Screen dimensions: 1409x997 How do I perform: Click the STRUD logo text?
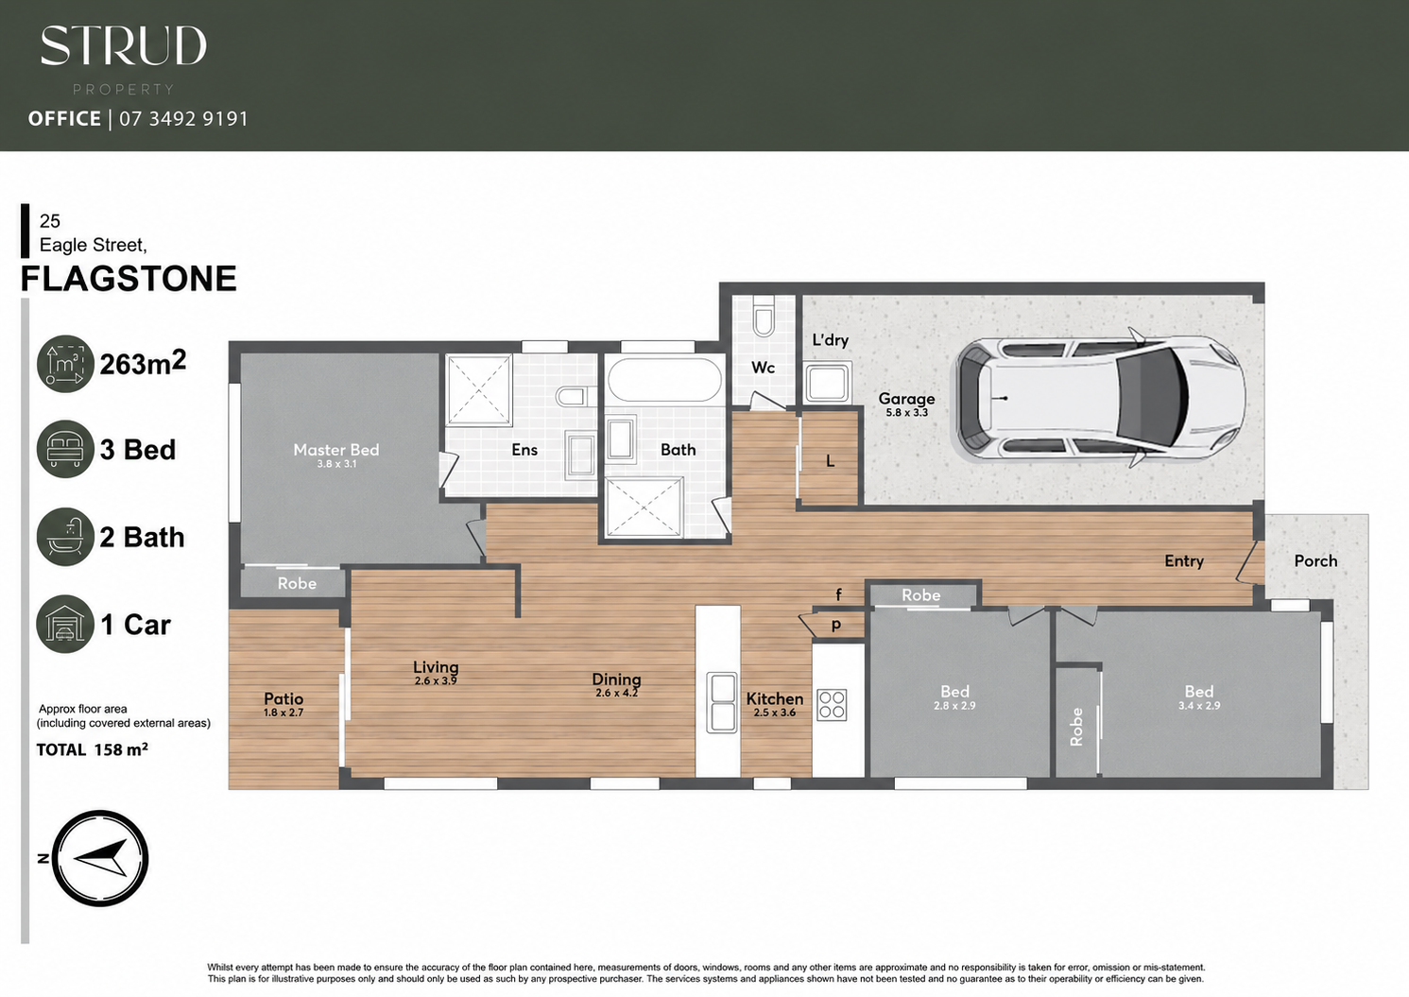[x=123, y=45]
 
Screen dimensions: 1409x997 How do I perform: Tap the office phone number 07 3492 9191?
[x=183, y=118]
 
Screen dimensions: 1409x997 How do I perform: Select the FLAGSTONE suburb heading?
[x=129, y=279]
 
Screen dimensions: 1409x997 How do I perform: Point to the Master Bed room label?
[x=335, y=450]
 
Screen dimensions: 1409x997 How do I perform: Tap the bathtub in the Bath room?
[x=665, y=379]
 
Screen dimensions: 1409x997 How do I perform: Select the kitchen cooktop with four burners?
[x=832, y=704]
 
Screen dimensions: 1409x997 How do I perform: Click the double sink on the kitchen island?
[x=721, y=702]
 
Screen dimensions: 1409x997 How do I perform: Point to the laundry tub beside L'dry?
[x=828, y=382]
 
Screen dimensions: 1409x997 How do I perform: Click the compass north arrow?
[x=99, y=858]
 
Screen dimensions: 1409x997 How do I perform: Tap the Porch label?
[x=1315, y=560]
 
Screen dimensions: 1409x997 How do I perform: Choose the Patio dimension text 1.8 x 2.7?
[x=284, y=713]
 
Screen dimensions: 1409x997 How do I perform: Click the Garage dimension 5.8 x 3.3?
[x=906, y=413]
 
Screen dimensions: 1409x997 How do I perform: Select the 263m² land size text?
[x=143, y=363]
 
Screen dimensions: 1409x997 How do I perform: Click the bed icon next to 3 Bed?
[x=65, y=449]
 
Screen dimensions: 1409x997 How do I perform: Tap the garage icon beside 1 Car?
[x=65, y=624]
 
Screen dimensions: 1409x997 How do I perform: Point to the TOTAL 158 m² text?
[x=92, y=749]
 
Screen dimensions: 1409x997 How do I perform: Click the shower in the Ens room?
[x=479, y=389]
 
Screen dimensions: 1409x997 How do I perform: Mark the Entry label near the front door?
[x=1184, y=561]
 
